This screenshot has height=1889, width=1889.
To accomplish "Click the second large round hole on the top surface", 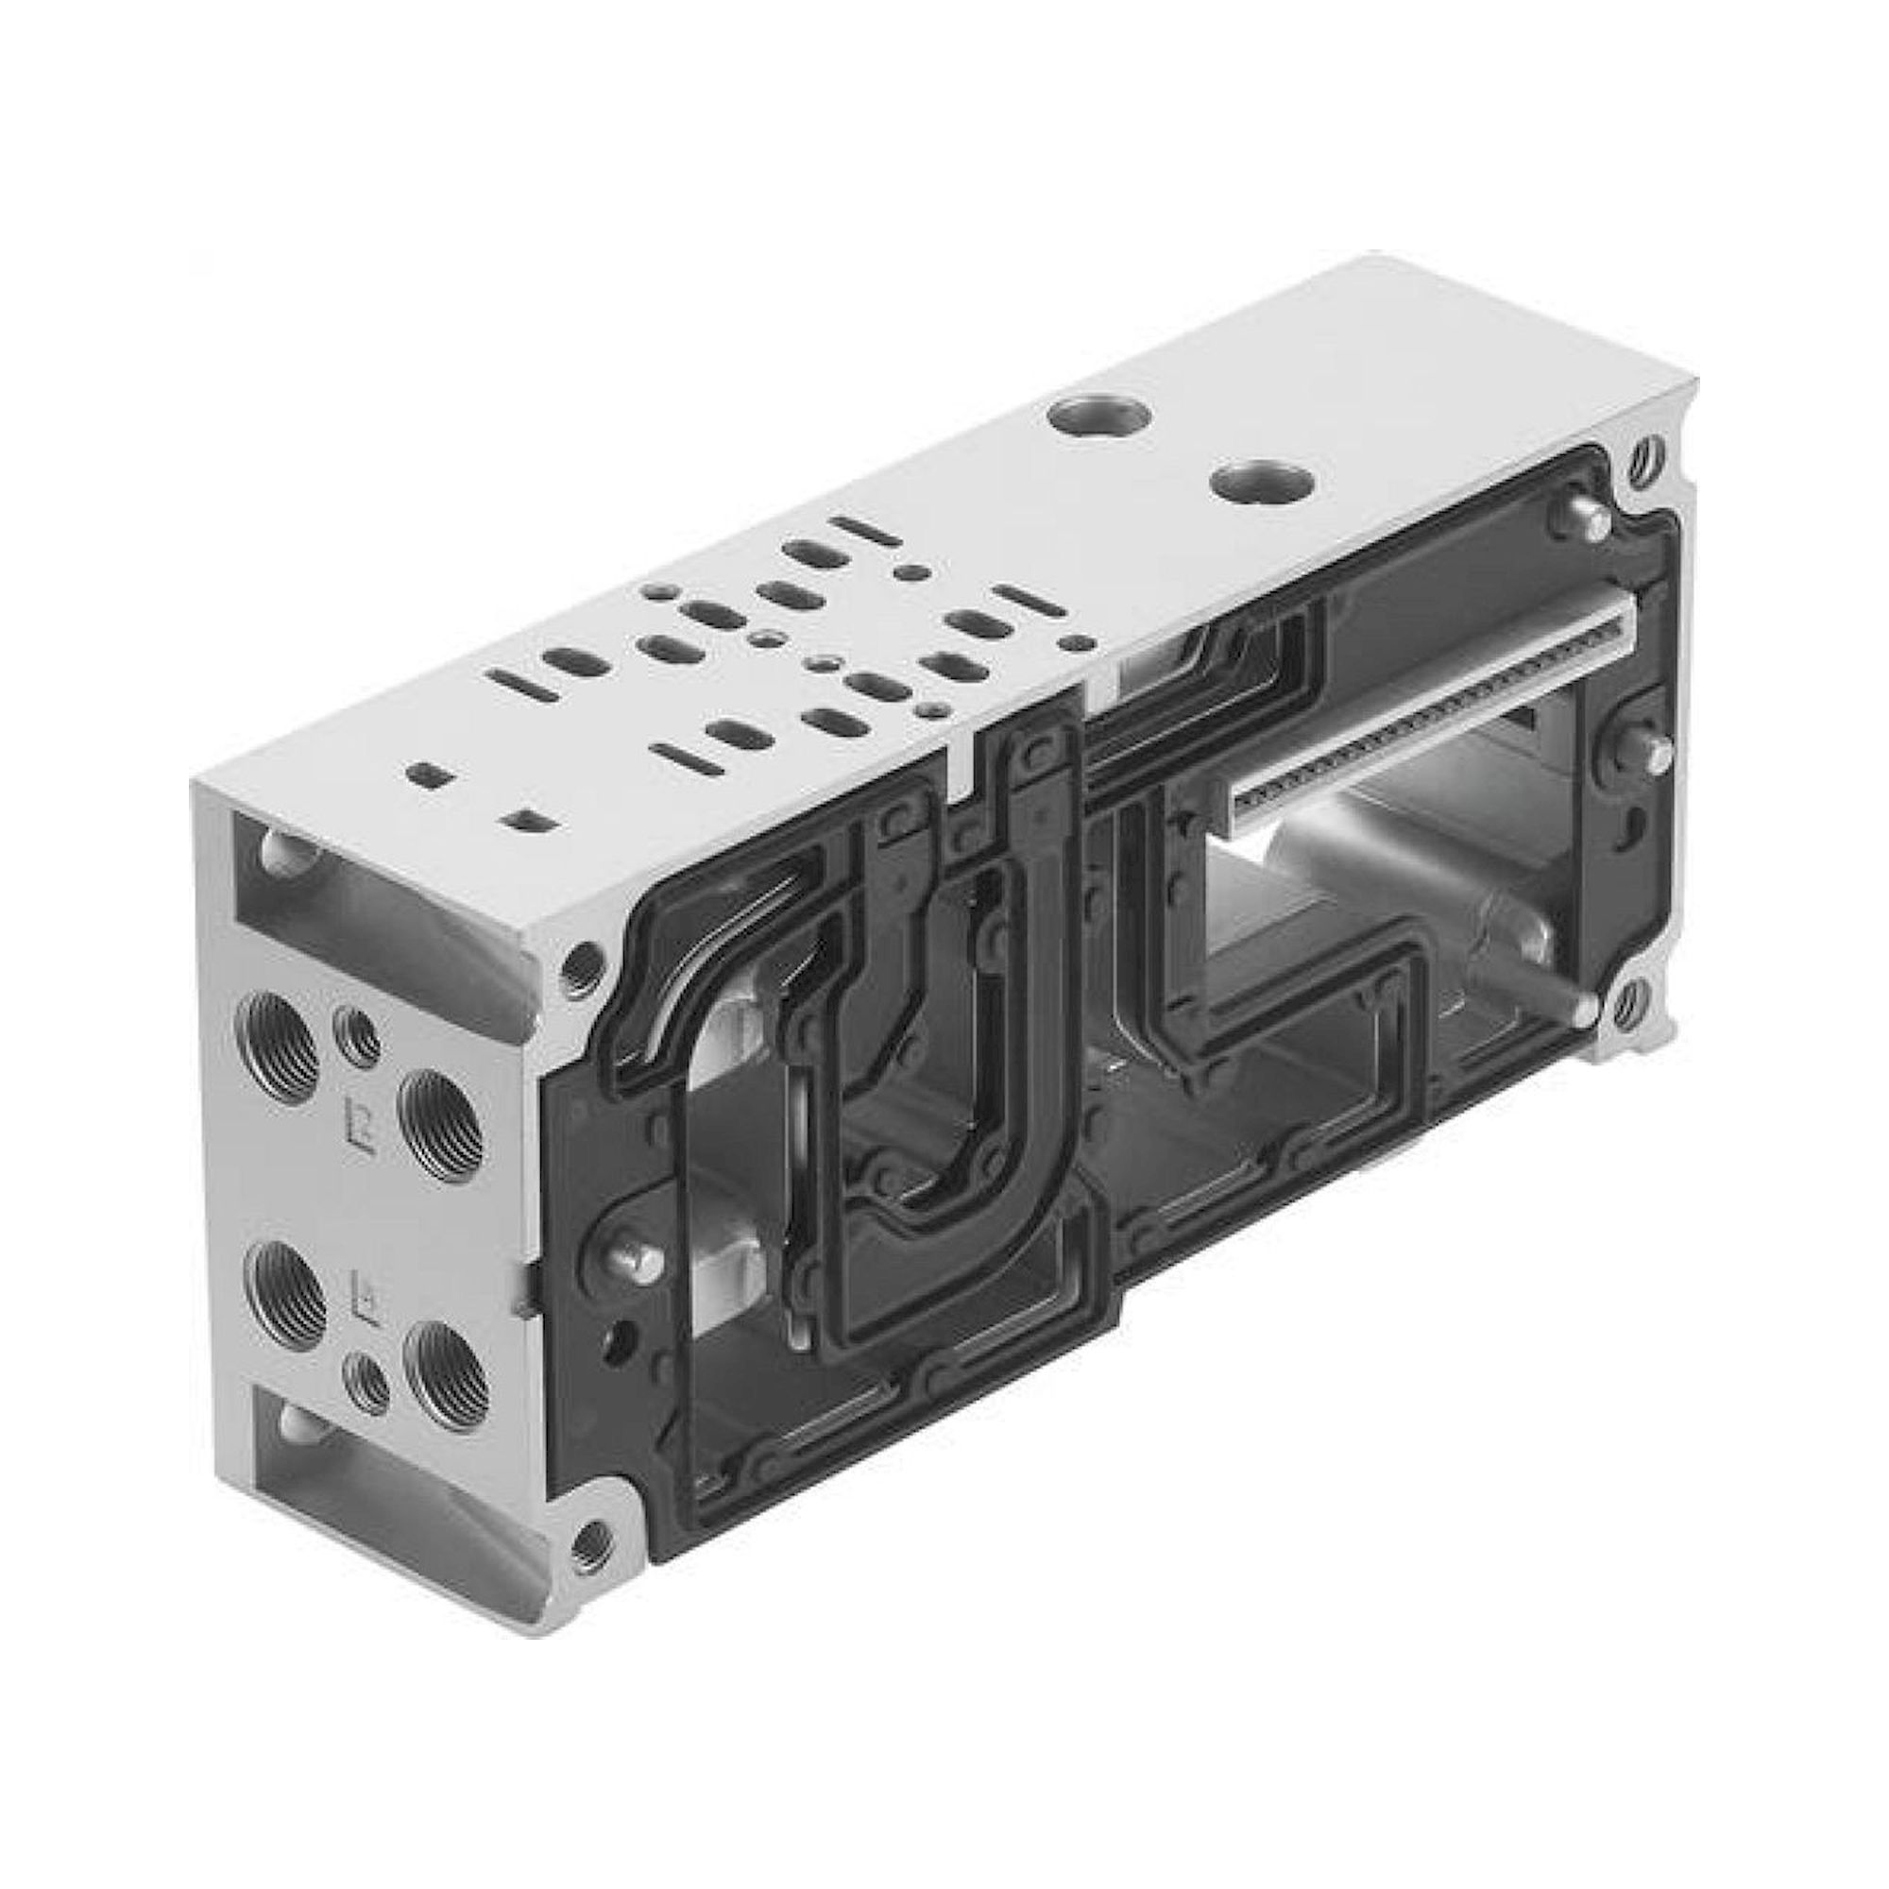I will [x=1246, y=482].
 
